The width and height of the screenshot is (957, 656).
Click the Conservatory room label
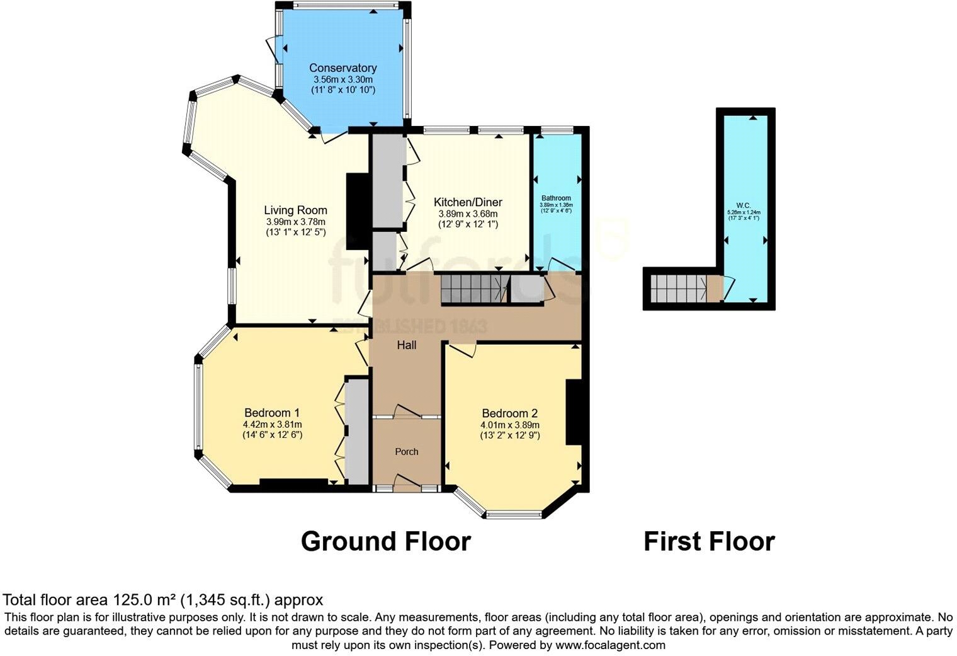(343, 68)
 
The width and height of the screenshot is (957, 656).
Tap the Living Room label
(295, 210)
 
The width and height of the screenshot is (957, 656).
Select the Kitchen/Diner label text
(468, 202)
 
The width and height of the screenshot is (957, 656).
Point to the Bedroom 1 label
(272, 413)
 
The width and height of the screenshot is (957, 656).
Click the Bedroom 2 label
(509, 413)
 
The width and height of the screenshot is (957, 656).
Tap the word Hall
(406, 345)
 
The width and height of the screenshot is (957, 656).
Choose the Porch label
(406, 452)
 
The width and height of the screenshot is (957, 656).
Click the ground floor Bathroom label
(556, 198)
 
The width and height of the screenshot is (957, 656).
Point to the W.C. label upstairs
(743, 205)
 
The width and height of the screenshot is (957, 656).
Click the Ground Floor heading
(385, 541)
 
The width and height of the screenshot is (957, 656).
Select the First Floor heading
(709, 541)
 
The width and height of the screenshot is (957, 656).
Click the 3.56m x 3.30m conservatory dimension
(343, 80)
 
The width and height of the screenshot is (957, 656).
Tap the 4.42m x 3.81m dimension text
(272, 425)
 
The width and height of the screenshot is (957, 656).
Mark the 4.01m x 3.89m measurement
(509, 425)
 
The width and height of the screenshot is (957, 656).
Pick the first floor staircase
(678, 289)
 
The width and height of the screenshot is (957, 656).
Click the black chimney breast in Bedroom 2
(573, 413)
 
